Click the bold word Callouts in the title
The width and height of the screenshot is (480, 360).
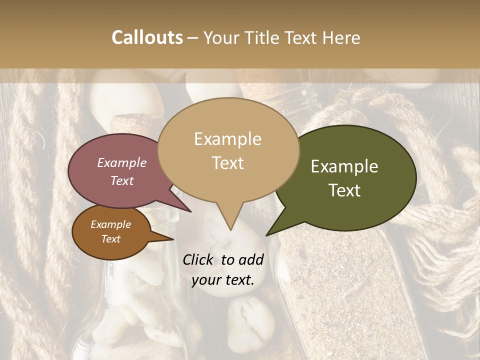click(x=147, y=37)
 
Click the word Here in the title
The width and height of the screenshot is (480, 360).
click(x=340, y=37)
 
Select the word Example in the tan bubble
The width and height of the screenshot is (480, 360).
click(x=227, y=139)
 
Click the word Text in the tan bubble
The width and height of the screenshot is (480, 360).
click(x=227, y=162)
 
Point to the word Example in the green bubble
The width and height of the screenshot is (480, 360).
click(x=344, y=166)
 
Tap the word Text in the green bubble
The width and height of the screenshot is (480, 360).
click(x=345, y=190)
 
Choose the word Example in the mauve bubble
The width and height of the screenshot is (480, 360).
click(x=121, y=162)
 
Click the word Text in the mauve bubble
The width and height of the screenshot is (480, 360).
click(x=122, y=180)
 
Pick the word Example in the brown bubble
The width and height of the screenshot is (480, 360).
click(x=110, y=224)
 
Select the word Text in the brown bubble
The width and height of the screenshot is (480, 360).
click(x=111, y=239)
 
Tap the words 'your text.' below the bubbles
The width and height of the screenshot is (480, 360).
click(x=223, y=280)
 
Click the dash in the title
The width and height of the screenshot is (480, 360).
click(x=193, y=37)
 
